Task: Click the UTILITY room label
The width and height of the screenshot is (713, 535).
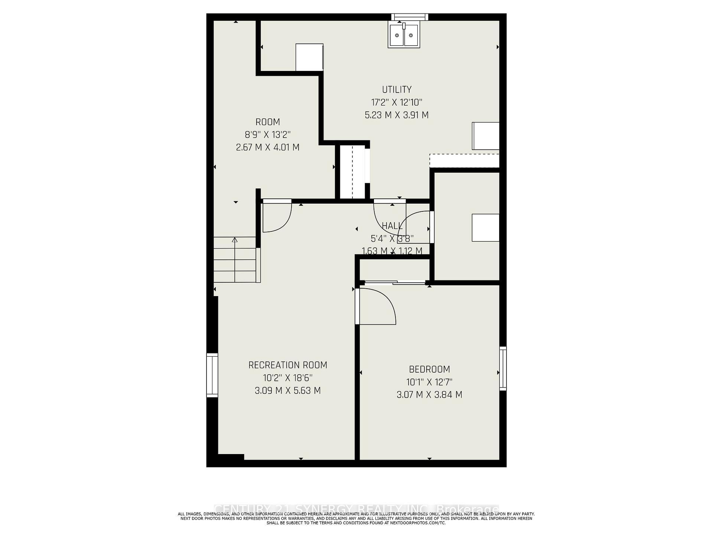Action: pos(397,90)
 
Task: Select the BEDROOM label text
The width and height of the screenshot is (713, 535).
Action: pos(429,369)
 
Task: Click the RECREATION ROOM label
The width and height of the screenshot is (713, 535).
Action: pos(288,365)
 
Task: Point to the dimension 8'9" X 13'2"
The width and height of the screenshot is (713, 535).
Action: pos(267,134)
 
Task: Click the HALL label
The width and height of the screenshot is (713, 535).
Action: pos(392,226)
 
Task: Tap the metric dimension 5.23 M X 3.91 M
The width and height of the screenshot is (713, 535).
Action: pos(397,115)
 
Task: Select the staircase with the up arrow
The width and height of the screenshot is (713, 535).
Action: pos(235,259)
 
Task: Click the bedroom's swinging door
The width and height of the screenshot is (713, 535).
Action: pos(375,307)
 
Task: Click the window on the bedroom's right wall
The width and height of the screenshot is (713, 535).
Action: pos(503,368)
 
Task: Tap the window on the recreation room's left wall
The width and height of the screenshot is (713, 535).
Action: pos(212,375)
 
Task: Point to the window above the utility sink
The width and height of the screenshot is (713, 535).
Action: pos(410,17)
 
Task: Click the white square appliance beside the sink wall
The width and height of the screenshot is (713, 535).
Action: pos(309,57)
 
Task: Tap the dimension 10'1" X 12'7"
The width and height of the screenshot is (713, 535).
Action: pos(429,382)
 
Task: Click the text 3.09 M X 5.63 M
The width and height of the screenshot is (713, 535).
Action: pos(288,390)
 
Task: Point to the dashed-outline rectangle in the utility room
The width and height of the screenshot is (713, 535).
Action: pos(464,160)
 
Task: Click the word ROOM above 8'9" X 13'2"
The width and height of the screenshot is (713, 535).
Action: pos(267,122)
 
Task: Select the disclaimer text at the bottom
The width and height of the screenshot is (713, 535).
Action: pos(356,518)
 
